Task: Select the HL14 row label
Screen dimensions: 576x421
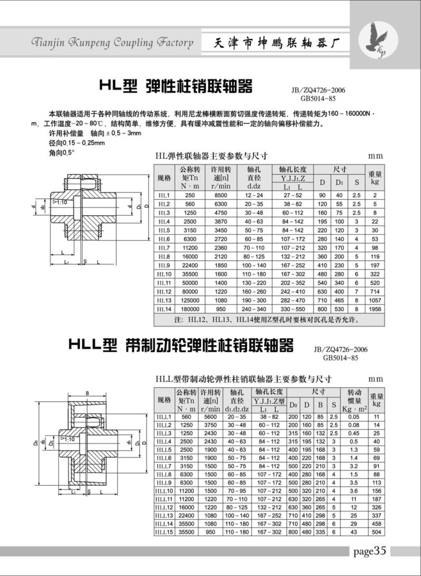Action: point(164,308)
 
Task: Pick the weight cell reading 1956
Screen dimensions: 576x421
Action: point(375,308)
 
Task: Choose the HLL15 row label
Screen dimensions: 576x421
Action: point(164,531)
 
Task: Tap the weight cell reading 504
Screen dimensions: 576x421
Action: point(376,531)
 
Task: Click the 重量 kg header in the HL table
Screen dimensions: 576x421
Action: point(375,177)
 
